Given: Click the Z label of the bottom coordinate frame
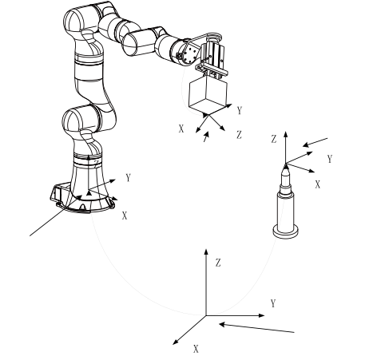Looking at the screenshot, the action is tap(218, 263).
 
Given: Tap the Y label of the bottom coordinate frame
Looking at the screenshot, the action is tap(273, 303).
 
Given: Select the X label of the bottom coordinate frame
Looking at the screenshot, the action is tap(196, 349).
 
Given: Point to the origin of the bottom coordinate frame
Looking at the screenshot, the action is tap(206, 315).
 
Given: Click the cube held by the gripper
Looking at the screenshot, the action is tap(208, 95).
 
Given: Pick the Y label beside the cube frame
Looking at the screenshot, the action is tap(240, 110).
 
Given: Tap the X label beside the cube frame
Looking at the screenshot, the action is tap(181, 129).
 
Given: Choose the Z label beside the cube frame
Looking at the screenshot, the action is tap(239, 135).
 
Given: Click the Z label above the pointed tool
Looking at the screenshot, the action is tap(274, 139).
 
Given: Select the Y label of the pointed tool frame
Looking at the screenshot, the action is tap(330, 159).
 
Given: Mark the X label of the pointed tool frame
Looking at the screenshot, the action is tap(317, 184).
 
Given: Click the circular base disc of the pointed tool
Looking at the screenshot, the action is tap(285, 231).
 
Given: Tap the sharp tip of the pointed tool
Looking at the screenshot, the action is tap(286, 164).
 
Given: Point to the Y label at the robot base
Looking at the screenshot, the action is tap(129, 177).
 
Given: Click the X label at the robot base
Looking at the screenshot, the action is tap(125, 216).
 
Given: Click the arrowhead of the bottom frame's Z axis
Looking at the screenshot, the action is tap(206, 251).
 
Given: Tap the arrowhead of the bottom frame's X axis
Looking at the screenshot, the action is tap(176, 342).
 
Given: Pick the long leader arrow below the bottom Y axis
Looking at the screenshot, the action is tap(256, 328).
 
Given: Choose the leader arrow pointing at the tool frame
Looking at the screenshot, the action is tap(316, 142).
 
